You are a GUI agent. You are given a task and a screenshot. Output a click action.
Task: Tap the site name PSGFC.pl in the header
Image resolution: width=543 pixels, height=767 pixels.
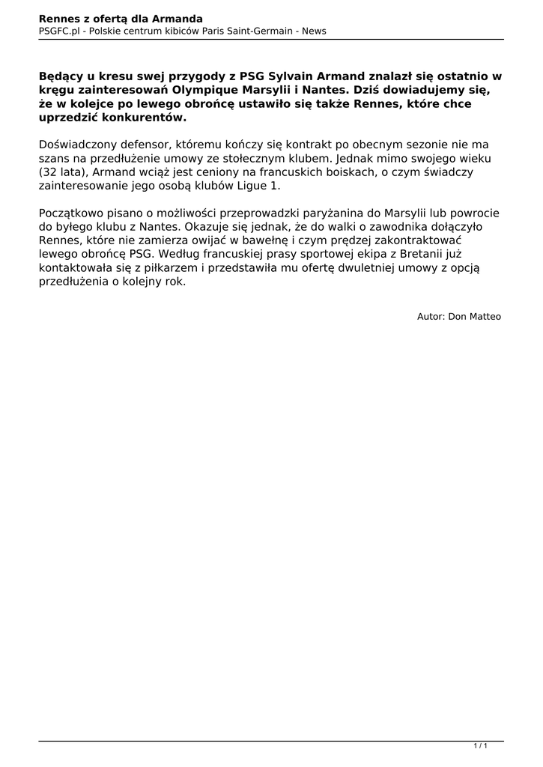point(59,31)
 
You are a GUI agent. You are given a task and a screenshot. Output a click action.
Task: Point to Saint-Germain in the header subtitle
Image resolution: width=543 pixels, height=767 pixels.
point(258,31)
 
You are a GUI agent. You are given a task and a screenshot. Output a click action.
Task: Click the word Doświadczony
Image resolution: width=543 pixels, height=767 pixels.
point(77,144)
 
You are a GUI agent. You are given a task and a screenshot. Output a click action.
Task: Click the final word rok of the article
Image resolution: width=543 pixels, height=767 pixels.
point(173,282)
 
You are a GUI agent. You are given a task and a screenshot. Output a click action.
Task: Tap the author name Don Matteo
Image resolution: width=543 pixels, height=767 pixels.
point(474,317)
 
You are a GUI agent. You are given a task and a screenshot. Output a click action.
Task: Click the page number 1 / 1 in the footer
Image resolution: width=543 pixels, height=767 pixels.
point(480,745)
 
